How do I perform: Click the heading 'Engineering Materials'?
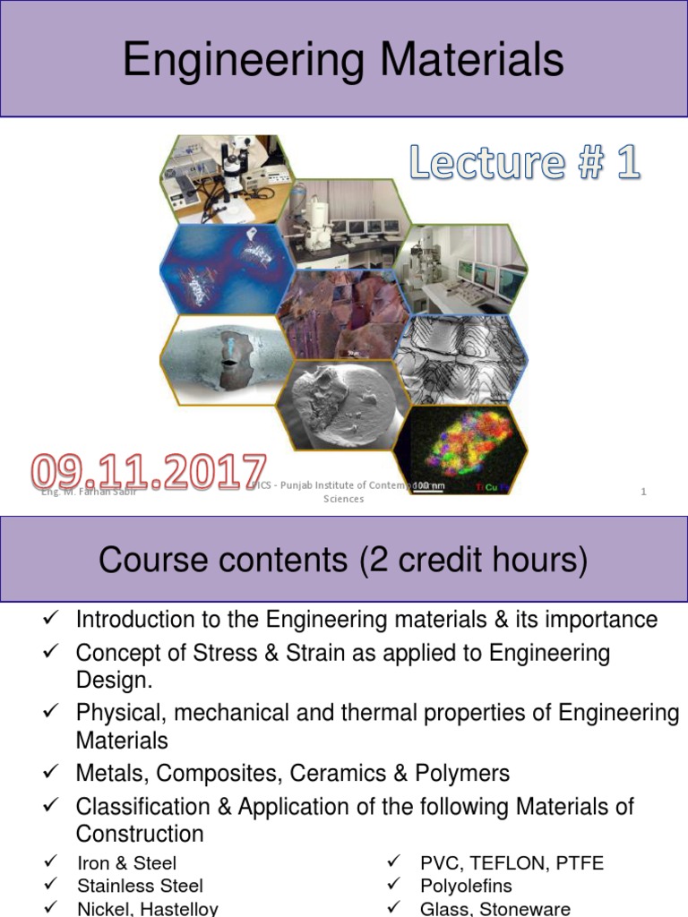tap(343, 62)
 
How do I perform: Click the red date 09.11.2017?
tap(149, 472)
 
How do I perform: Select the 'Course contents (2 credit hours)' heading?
tap(343, 561)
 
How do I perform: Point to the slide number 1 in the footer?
tap(643, 491)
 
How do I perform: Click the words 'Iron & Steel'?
tap(126, 863)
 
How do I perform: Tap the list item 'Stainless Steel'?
tap(140, 886)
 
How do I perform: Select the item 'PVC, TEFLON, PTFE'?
tap(512, 863)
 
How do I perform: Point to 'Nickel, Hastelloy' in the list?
tap(148, 908)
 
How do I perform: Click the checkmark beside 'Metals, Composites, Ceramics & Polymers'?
tap(50, 773)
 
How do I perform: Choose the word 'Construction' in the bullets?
tap(140, 834)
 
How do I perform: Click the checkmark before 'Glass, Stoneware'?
tap(393, 908)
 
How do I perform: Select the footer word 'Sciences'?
tap(343, 499)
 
